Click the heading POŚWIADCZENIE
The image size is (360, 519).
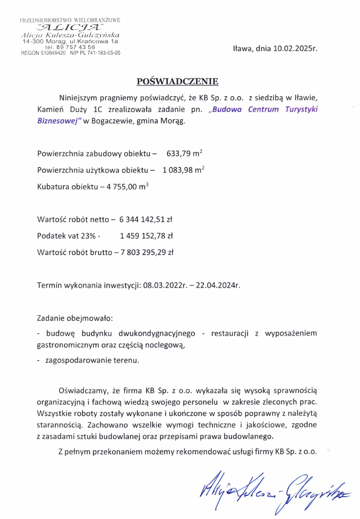click(177, 81)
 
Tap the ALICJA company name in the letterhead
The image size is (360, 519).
click(70, 27)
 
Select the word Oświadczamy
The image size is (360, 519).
click(79, 391)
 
